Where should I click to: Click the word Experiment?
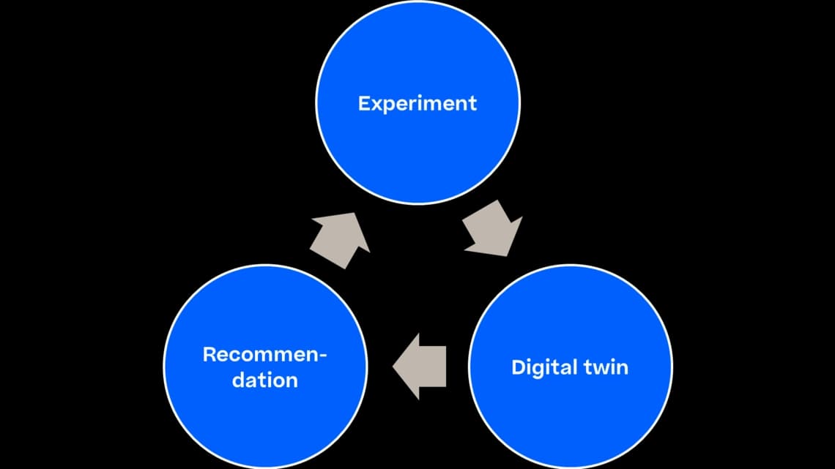[x=417, y=104]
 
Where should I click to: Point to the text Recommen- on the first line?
[x=264, y=354]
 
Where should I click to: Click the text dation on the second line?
[x=264, y=380]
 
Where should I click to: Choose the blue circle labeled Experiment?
[x=418, y=102]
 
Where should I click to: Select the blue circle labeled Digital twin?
[x=571, y=367]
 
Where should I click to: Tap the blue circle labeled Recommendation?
[x=265, y=367]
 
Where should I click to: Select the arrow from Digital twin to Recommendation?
[x=420, y=367]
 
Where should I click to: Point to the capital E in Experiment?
[x=364, y=103]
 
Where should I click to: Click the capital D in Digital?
[x=519, y=367]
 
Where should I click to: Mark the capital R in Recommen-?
[x=209, y=355]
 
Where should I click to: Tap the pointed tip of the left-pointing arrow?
[x=393, y=367]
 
